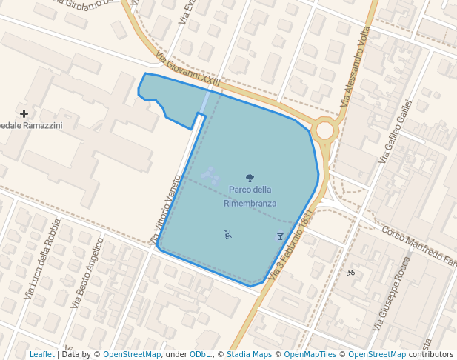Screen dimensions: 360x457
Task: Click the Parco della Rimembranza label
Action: (x=250, y=196)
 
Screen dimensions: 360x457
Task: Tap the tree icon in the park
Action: (x=250, y=178)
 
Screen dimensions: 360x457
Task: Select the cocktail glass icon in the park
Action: (x=280, y=236)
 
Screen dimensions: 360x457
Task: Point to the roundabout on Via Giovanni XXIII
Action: (x=324, y=130)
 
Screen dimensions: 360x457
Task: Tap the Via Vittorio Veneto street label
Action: (x=165, y=210)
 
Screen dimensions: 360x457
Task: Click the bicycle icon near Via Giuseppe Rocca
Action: (x=350, y=273)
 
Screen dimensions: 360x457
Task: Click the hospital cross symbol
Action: (x=24, y=113)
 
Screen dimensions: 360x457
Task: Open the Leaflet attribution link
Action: (x=41, y=354)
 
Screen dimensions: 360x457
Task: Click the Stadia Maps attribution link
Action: (x=249, y=354)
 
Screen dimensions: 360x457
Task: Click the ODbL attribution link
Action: (x=200, y=354)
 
